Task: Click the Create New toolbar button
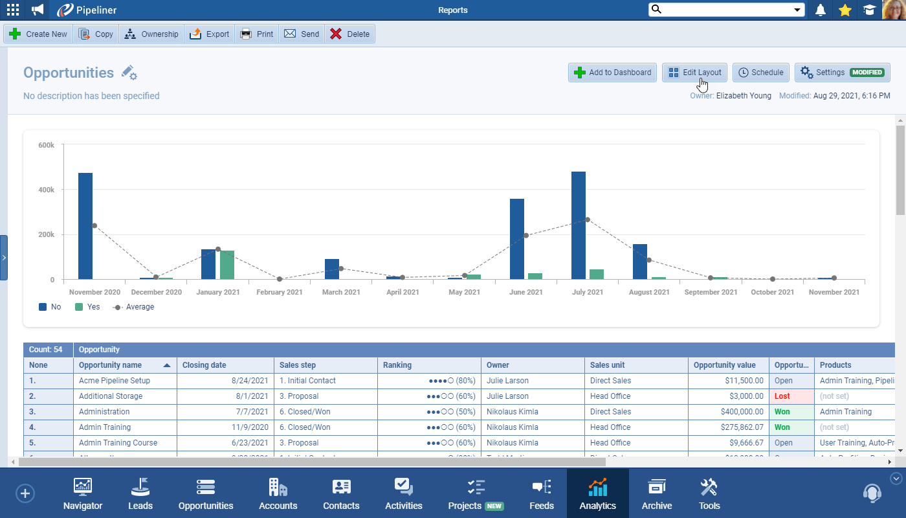(39, 34)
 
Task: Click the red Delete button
(349, 34)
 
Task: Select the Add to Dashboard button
(613, 73)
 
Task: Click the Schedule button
(761, 73)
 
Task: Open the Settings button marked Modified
(842, 73)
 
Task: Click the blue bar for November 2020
(85, 226)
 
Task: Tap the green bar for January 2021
(226, 265)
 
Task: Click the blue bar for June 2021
(517, 239)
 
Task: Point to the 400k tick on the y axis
(46, 190)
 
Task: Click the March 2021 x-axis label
(341, 292)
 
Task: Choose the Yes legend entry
(88, 307)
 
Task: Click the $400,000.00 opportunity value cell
(728, 412)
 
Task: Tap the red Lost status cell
(790, 396)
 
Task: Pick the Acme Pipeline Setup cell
(115, 381)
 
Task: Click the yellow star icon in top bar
(845, 10)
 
